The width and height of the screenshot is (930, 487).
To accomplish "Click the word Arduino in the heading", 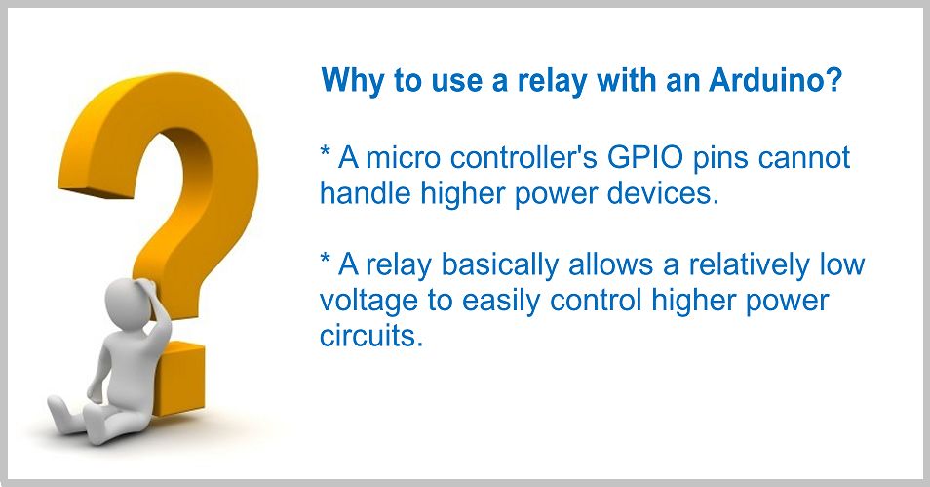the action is coord(775,80).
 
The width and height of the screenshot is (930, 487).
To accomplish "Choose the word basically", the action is coord(499,265).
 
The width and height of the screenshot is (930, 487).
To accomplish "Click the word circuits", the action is coord(370,336).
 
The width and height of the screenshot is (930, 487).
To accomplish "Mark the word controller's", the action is coord(523,157).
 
